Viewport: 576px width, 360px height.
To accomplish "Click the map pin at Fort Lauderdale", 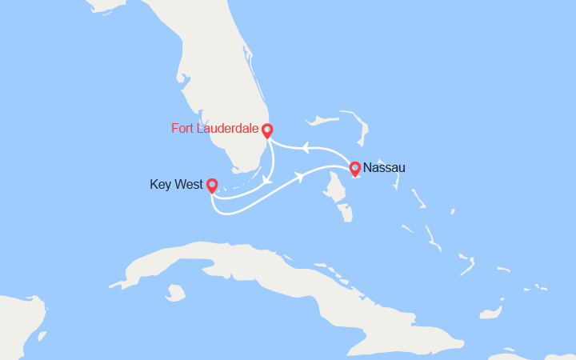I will pyautogui.click(x=267, y=130).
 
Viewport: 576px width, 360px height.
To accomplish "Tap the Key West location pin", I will pyautogui.click(x=212, y=186).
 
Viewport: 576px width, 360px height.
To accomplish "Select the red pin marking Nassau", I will pyautogui.click(x=355, y=168).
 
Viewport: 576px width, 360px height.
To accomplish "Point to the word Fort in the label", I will pyautogui.click(x=182, y=128).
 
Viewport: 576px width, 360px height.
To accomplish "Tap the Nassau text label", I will pyautogui.click(x=384, y=168).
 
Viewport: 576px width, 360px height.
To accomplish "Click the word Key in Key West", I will pyautogui.click(x=160, y=185).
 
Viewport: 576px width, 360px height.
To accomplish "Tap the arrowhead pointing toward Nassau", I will pyautogui.click(x=301, y=178).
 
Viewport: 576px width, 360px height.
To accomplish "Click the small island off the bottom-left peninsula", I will pyautogui.click(x=41, y=336).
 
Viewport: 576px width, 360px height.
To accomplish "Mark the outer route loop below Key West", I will pyautogui.click(x=240, y=210).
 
